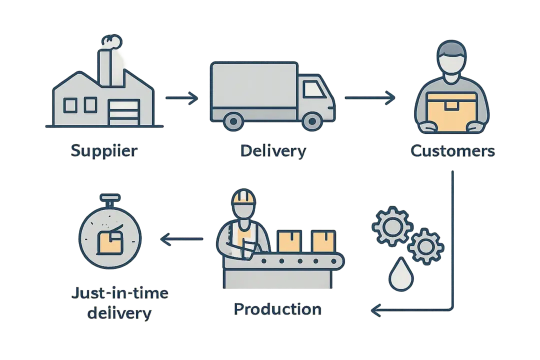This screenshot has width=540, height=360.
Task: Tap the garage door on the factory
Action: pyautogui.click(x=123, y=112)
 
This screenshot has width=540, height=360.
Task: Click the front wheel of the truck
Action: pyautogui.click(x=312, y=121)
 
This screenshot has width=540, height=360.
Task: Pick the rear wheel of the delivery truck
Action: pyautogui.click(x=233, y=121)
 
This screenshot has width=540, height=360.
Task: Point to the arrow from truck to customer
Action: pyautogui.click(x=370, y=98)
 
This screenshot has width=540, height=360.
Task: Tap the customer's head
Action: pyautogui.click(x=451, y=58)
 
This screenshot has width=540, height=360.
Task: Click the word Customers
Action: pyautogui.click(x=452, y=151)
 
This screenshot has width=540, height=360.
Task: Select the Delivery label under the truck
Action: pyautogui.click(x=273, y=151)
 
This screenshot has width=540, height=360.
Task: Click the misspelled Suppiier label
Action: pyautogui.click(x=104, y=151)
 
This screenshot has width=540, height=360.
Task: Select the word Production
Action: pyautogui.click(x=277, y=309)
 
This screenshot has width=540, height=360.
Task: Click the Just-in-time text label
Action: pyautogui.click(x=118, y=294)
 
